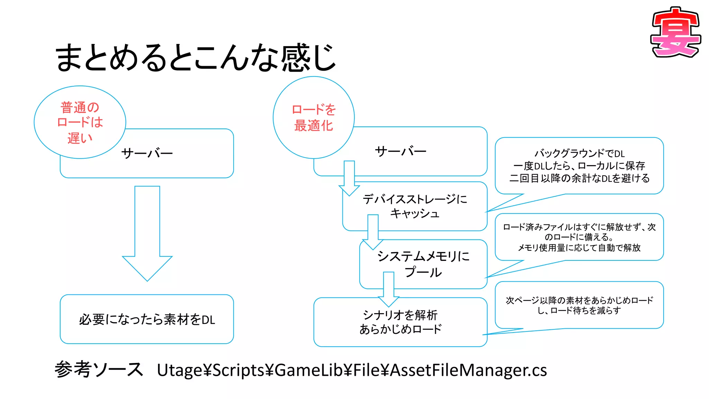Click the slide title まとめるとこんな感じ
click(x=196, y=57)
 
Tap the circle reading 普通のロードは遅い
click(x=80, y=122)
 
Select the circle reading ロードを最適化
click(x=314, y=118)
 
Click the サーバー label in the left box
click(x=147, y=153)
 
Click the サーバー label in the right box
click(x=401, y=151)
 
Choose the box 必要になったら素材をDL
click(x=147, y=319)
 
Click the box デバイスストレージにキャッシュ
click(x=414, y=206)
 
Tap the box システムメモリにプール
click(x=423, y=264)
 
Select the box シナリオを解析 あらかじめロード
click(x=400, y=322)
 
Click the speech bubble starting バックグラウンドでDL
click(x=579, y=166)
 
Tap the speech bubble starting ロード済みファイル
click(x=579, y=237)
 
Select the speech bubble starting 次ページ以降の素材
click(x=579, y=305)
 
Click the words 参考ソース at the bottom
click(x=99, y=369)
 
